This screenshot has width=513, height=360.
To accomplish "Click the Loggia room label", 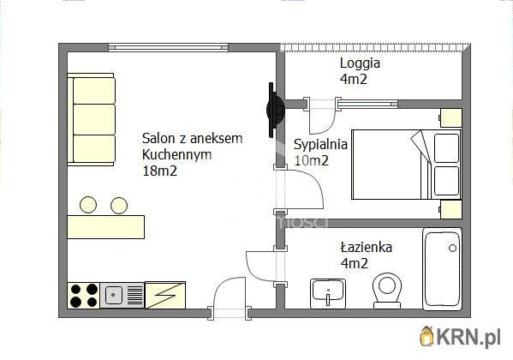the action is (360, 63).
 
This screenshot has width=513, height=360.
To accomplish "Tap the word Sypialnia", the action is (320, 145).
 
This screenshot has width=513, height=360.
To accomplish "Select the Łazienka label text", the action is (366, 247).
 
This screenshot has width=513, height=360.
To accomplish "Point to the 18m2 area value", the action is (159, 171).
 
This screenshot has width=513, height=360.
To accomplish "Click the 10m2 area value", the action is (311, 160).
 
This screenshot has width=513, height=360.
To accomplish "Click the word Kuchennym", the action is (177, 154).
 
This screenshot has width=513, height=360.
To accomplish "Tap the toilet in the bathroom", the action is (387, 291).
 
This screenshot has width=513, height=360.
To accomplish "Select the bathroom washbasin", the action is (327, 293).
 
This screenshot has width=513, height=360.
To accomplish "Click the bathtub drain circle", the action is (452, 248).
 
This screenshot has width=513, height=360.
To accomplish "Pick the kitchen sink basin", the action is (113, 295).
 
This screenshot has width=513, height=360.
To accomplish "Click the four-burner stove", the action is (84, 295).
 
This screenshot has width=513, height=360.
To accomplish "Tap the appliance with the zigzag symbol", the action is (165, 295).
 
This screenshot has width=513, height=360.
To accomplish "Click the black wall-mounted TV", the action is (275, 110).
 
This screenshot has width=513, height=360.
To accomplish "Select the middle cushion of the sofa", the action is (94, 119).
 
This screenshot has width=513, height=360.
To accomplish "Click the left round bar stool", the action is (88, 205).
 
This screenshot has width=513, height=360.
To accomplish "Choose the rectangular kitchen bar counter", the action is (106, 226).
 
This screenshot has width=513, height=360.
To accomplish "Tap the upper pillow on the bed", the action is (446, 148).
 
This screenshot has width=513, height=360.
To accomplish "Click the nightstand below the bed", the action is (450, 209).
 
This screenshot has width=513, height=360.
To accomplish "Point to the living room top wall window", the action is (168, 48).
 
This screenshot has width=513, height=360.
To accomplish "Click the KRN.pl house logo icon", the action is (427, 335).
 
